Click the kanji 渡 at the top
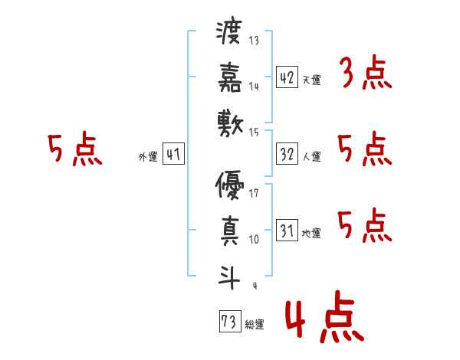coord(228,35)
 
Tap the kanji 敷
coord(228,121)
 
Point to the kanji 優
coord(228,185)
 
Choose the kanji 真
coord(228,230)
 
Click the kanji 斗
coord(228,273)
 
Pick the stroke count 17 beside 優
coord(254,192)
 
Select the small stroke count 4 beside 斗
coord(254,286)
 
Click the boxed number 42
coord(287,77)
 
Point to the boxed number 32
coord(287,154)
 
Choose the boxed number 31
coord(287,230)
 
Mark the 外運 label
coord(148,157)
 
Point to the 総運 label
coord(255,325)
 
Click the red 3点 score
coord(365,76)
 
